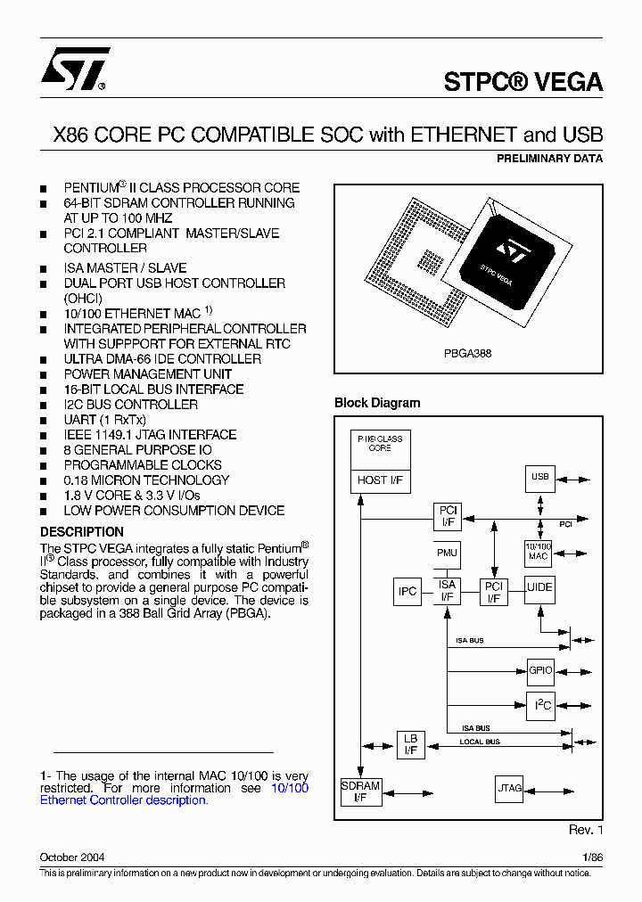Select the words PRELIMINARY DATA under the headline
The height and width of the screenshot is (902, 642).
(x=549, y=159)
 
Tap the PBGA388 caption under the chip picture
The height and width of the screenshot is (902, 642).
(x=468, y=353)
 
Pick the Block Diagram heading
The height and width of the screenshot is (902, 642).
(x=377, y=403)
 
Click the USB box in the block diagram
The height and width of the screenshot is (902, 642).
(x=539, y=477)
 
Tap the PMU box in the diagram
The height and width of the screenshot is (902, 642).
(x=447, y=553)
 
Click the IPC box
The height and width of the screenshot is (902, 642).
(x=407, y=591)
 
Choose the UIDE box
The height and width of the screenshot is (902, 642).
(x=539, y=588)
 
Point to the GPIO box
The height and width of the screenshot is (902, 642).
(x=540, y=670)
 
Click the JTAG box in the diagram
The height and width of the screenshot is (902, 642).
(x=509, y=789)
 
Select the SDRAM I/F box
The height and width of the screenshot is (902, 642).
(x=360, y=791)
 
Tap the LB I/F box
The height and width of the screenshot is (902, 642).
(x=410, y=745)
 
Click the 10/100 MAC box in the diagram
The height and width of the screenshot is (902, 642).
(x=539, y=551)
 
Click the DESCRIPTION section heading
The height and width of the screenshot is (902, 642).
(x=82, y=532)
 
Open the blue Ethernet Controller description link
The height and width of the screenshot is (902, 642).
(x=123, y=800)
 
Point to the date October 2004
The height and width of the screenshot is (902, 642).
(x=72, y=857)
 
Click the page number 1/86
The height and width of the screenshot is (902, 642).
(x=593, y=857)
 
